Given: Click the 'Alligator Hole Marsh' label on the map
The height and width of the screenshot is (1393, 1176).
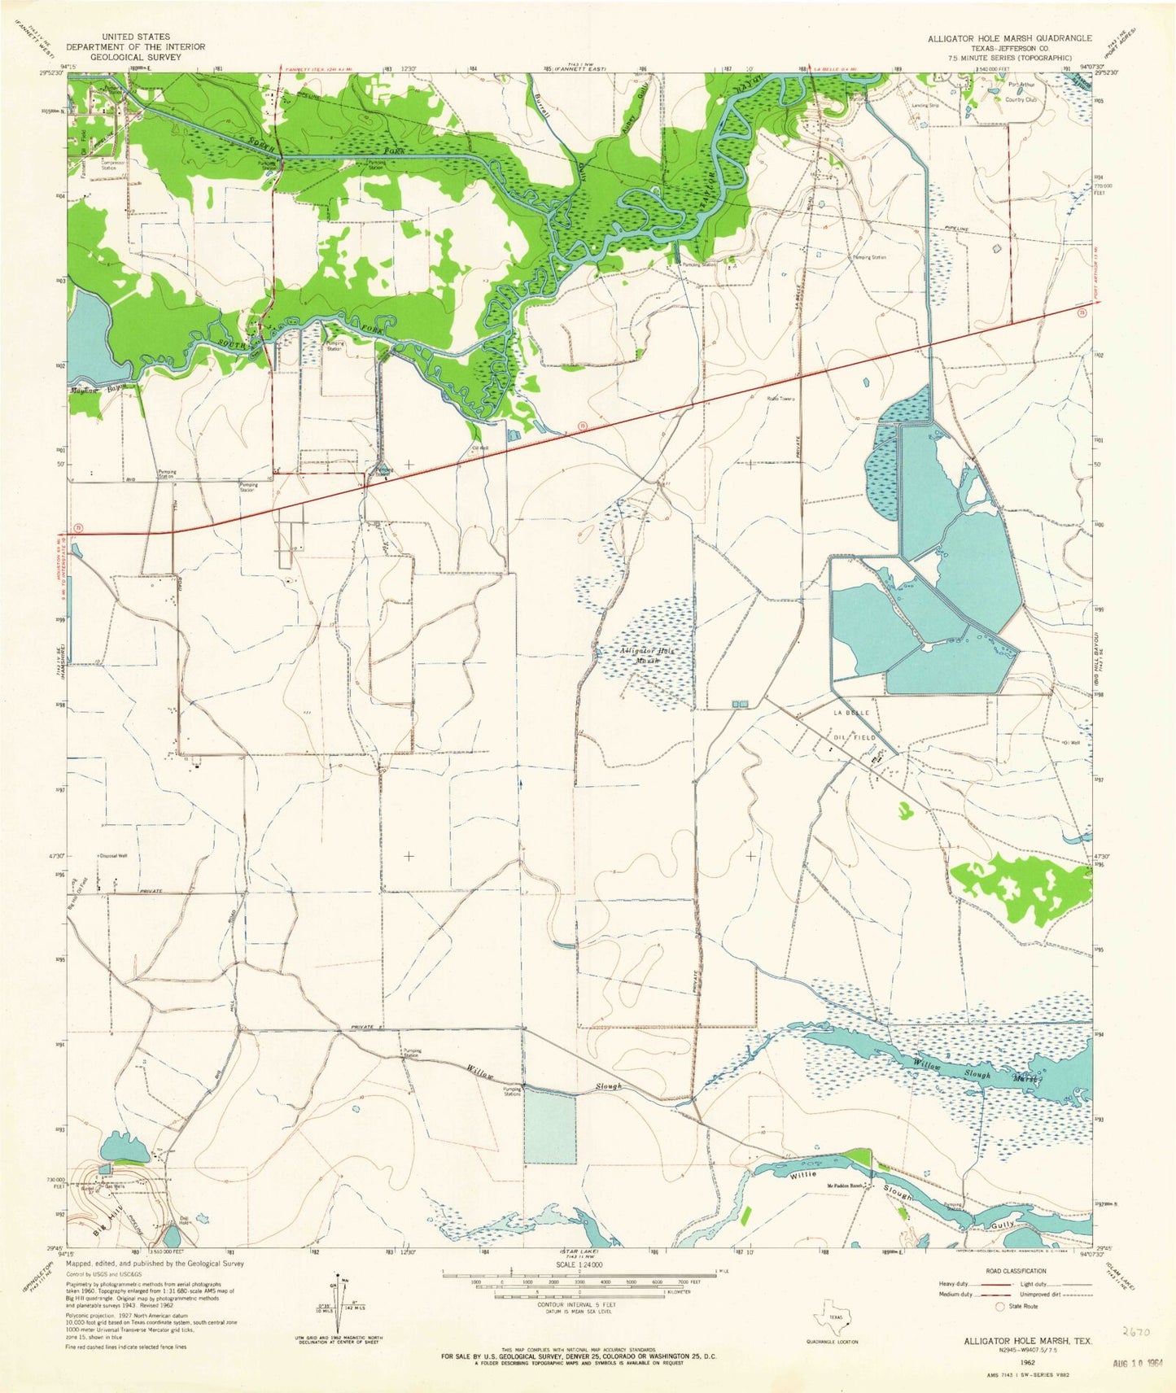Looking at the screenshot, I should point(649,657).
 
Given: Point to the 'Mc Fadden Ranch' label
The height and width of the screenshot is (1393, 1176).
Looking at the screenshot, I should point(846,1186).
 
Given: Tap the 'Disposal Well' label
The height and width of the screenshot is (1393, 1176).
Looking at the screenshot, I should point(113,856).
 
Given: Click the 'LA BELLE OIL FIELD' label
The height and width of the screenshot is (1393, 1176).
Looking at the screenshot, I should point(854,724).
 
